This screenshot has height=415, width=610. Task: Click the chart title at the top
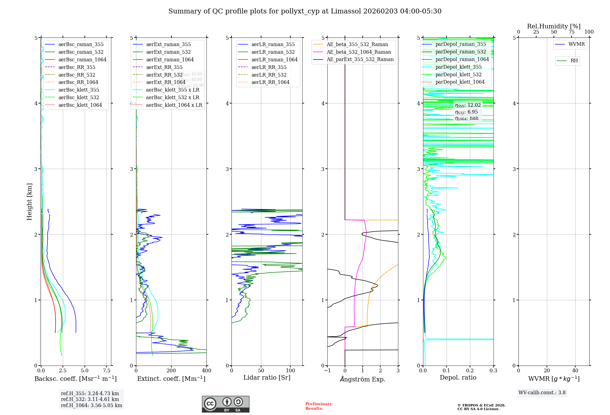click(305, 11)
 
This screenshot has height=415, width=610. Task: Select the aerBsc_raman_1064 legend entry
click(82, 60)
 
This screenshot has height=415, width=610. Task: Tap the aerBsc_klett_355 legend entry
click(79, 90)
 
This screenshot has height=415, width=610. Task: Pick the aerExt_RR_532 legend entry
click(164, 75)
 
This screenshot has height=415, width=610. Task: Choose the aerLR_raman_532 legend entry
click(273, 52)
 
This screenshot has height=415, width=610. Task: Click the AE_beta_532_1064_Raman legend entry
click(359, 52)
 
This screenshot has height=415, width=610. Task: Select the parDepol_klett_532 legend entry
click(458, 74)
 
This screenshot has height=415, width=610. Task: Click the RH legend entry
click(574, 61)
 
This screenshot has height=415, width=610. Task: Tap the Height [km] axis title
click(29, 201)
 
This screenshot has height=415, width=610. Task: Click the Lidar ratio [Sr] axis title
click(267, 377)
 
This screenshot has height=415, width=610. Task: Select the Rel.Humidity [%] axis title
click(554, 26)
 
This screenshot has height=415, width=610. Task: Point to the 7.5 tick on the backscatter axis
click(107, 371)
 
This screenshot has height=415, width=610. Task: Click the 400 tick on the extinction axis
click(206, 371)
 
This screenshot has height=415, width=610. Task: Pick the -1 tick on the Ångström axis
click(327, 371)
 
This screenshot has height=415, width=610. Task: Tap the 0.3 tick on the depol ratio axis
click(493, 371)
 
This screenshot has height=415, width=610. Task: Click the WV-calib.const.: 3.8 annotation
click(542, 393)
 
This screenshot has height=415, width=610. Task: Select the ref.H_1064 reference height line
click(91, 406)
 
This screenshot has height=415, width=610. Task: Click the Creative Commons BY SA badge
click(225, 404)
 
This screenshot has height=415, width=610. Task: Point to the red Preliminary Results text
click(318, 406)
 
